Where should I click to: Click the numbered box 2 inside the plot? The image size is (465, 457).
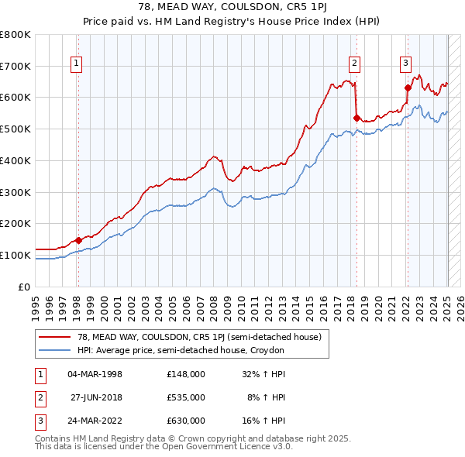click(x=354, y=64)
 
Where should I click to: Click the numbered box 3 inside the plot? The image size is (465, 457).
click(x=405, y=64)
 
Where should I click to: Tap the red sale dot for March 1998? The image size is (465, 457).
click(x=78, y=240)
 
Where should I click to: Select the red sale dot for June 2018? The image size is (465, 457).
click(x=356, y=118)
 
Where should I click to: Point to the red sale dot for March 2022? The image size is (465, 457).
click(x=408, y=88)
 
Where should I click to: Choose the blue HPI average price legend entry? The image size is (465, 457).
click(x=181, y=350)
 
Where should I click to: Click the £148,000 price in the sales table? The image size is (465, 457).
click(x=185, y=374)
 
